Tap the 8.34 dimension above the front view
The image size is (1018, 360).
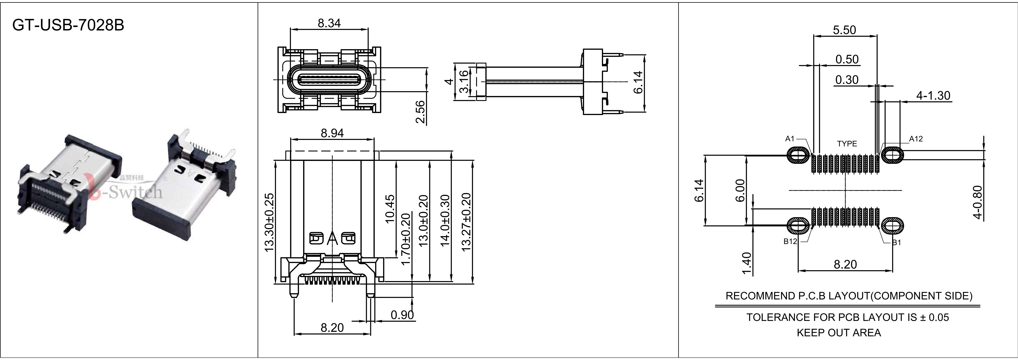pos(329,23)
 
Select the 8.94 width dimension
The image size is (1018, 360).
pos(332,133)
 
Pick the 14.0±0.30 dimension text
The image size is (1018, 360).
pos(445,221)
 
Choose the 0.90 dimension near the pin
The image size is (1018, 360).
pos(402,315)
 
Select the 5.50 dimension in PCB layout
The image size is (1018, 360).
pos(844,30)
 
